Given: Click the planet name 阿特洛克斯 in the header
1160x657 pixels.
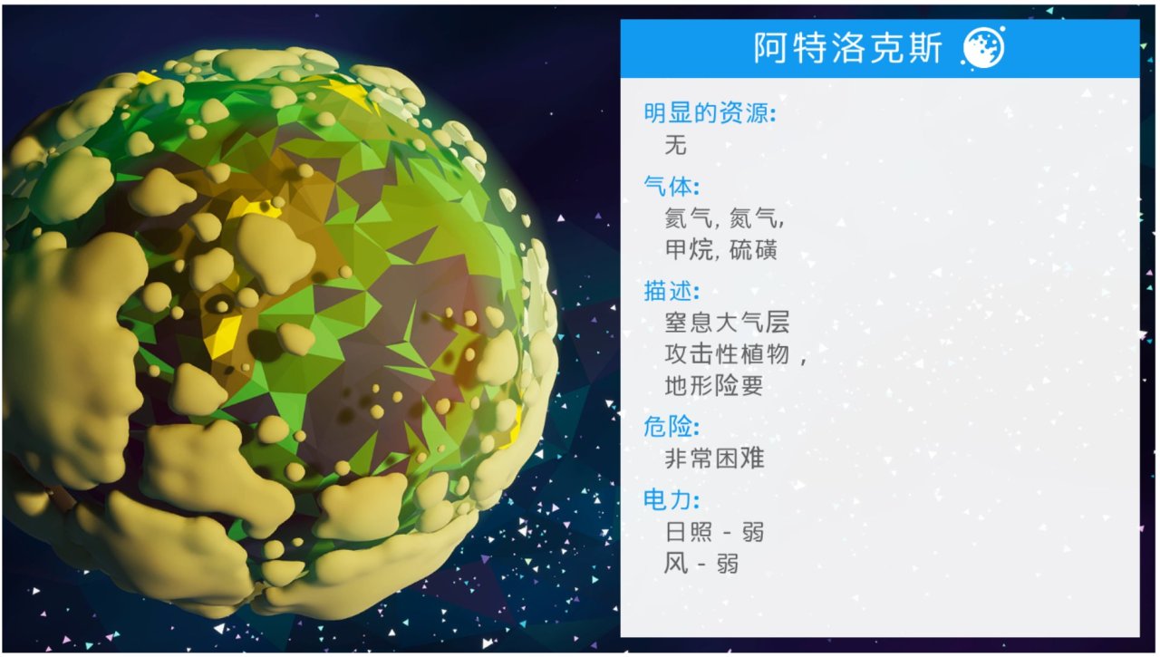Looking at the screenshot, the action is coord(847,48).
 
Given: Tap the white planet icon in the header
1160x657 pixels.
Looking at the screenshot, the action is coord(983,48).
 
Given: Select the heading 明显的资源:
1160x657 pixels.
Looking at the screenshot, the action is coord(710,113).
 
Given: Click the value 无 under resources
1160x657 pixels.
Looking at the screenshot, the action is coord(676,144).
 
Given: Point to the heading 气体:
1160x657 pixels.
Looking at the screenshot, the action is coord(672,186).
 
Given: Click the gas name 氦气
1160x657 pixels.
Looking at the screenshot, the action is coord(688,218).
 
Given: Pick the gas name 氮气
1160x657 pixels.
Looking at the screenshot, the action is coord(752,218).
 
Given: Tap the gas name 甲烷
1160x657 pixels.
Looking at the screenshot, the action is coord(688,250).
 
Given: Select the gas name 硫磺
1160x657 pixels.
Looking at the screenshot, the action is coord(753,250).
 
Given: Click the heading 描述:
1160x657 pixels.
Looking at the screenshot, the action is coord(672,291).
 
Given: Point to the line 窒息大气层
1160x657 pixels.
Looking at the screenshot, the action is coord(727,322).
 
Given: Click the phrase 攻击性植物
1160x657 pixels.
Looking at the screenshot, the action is coord(727,354).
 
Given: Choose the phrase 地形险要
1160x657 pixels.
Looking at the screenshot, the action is coord(714,386).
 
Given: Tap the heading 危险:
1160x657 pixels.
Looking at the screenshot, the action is coord(672,427).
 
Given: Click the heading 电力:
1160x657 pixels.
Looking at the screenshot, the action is coord(672,499).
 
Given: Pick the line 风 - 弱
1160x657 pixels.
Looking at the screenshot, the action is coord(701,564).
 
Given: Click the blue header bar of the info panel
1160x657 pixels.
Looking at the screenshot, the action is coord(880,49).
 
